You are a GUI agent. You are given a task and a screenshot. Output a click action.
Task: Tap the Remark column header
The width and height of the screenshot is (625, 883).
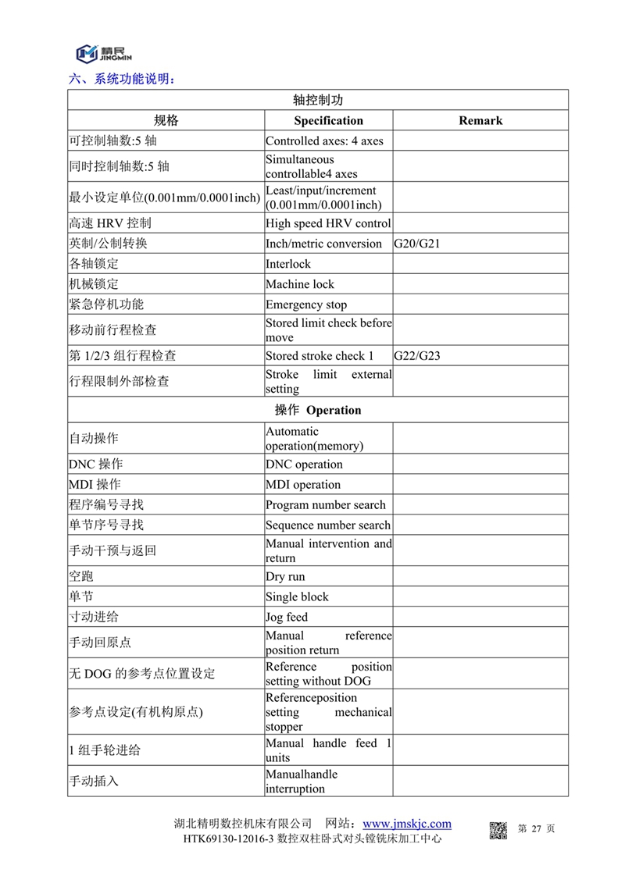[x=480, y=120]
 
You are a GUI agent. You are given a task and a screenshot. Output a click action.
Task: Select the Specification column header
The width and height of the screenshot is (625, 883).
[x=328, y=120]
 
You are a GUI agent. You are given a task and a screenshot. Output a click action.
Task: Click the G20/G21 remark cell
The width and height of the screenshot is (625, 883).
[x=417, y=244]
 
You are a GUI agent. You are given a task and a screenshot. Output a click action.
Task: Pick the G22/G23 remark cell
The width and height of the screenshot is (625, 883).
[x=417, y=356]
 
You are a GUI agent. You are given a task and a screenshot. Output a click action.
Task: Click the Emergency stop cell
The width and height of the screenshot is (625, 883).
[x=306, y=304]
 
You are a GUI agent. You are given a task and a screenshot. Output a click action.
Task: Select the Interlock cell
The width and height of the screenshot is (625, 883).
[x=288, y=264]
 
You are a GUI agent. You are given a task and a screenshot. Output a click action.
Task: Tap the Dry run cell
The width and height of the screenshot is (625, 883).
[x=285, y=576]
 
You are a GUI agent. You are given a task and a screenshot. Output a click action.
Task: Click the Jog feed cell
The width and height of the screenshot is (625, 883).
[x=287, y=617]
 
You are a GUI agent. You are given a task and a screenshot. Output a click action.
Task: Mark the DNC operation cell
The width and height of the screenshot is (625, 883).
[x=304, y=464]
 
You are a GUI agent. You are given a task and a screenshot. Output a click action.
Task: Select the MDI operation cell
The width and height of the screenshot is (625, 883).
[x=303, y=484]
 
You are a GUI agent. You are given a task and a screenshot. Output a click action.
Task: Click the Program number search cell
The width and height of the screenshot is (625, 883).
[x=326, y=504]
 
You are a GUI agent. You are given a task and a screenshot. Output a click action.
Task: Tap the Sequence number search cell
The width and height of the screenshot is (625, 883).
[x=328, y=525]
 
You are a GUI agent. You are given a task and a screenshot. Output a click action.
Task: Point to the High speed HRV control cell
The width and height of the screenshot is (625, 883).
[x=328, y=223]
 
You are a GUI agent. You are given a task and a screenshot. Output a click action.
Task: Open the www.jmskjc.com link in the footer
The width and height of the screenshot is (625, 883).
[x=407, y=824]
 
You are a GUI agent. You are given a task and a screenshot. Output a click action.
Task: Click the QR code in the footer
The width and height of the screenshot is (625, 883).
[x=498, y=830]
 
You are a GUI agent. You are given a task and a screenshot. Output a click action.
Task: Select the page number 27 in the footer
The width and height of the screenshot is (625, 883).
[x=536, y=828]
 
